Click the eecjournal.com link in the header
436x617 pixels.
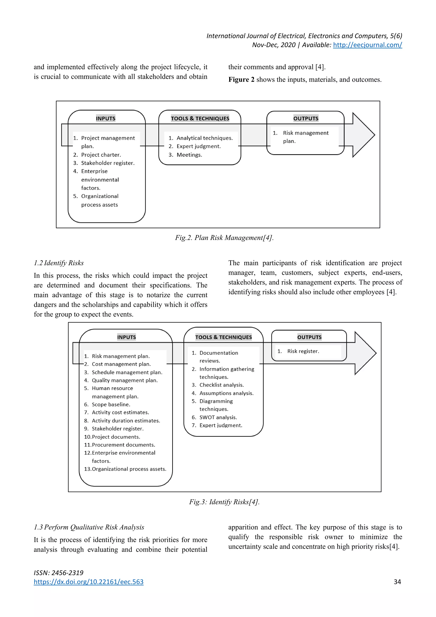point(367,45)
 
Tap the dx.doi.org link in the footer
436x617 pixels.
point(88,582)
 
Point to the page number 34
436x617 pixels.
point(397,582)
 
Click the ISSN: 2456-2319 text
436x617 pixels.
point(59,573)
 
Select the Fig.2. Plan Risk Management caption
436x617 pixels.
point(224,238)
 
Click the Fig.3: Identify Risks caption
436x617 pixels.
point(224,502)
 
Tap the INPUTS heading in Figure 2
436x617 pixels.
point(106,118)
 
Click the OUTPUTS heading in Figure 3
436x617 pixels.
point(309,337)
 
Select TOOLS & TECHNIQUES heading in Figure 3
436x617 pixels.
point(223,337)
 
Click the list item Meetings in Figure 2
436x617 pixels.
point(189,155)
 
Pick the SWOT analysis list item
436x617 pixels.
point(218,417)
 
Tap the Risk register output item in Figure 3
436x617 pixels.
point(303,351)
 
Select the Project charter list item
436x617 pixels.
point(101,155)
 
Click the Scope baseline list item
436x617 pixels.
point(111,404)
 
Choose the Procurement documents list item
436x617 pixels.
point(123,445)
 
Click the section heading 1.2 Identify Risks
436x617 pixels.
point(59,263)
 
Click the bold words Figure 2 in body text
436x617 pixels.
point(241,79)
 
